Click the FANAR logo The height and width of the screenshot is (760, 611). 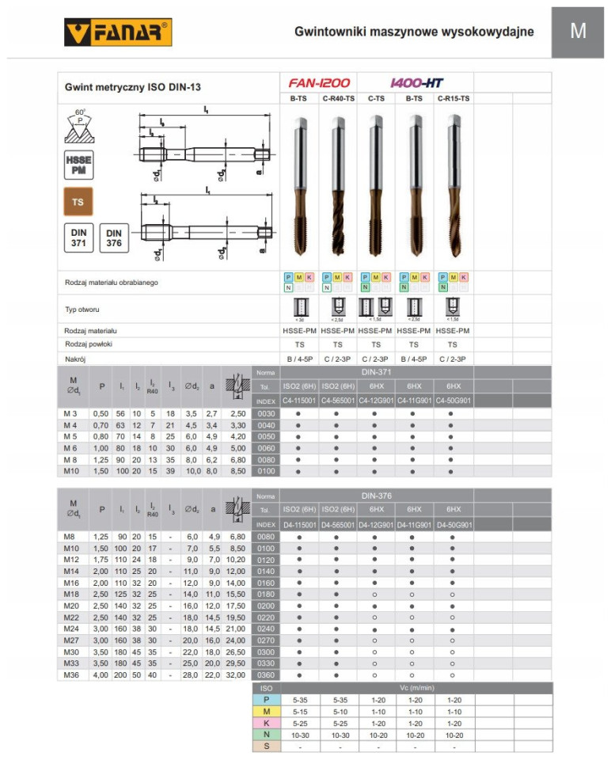[x=117, y=32]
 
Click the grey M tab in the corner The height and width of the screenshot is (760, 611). [x=578, y=30]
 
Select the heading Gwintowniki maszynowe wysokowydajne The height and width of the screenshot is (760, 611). [x=413, y=32]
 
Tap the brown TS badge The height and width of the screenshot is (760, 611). [x=78, y=202]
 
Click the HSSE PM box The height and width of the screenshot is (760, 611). [x=78, y=165]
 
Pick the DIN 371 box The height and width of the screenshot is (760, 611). [x=78, y=238]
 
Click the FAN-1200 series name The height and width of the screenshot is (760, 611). [x=320, y=82]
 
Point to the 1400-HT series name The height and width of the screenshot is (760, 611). [x=416, y=82]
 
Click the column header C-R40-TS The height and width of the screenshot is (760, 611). [x=338, y=98]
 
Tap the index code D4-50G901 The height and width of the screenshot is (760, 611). [x=453, y=525]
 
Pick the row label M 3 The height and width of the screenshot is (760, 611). [x=72, y=414]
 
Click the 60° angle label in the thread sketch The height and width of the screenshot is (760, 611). [x=78, y=112]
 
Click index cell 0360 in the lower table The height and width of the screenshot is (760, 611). [x=265, y=675]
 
